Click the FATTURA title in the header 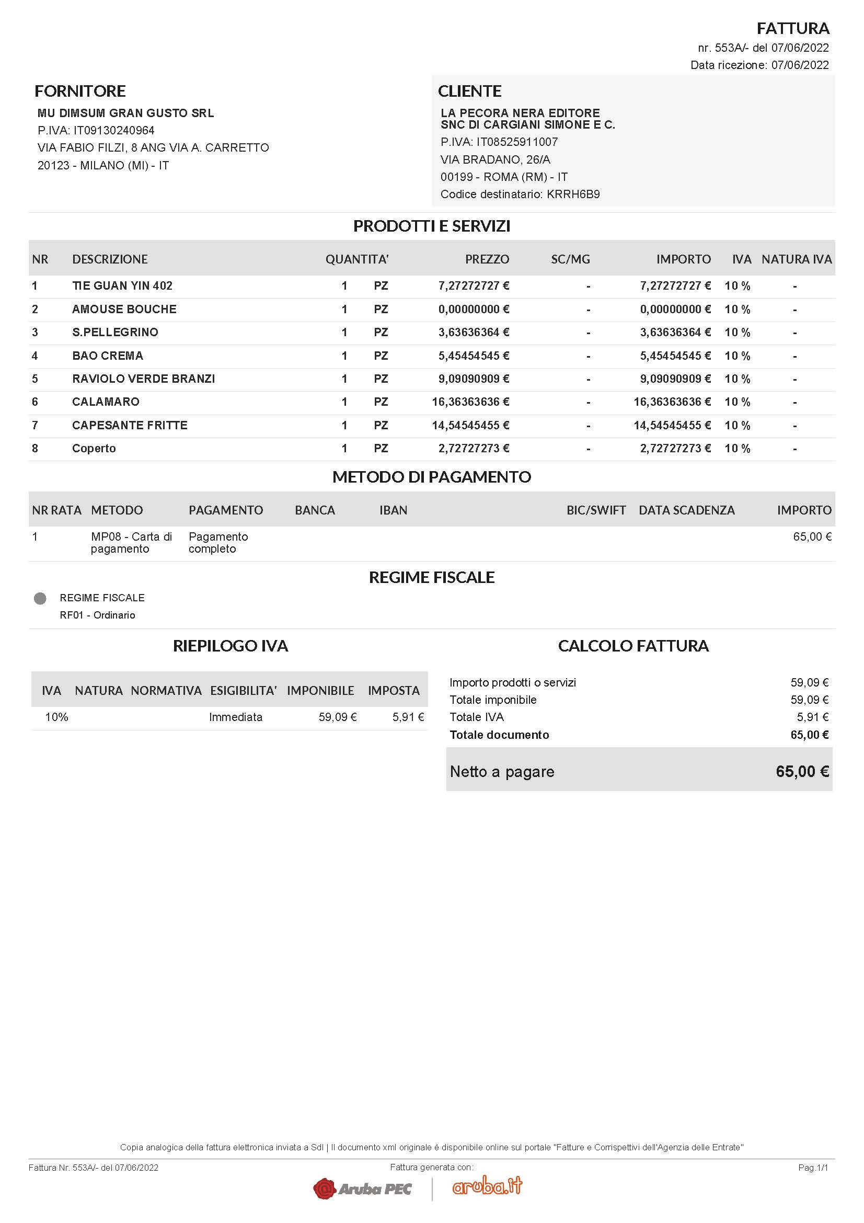(x=793, y=28)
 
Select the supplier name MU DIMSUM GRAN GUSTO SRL (x=125, y=113)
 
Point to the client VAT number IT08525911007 (x=516, y=142)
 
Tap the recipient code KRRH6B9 (x=573, y=195)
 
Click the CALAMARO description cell (x=106, y=402)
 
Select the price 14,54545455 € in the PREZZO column (x=470, y=426)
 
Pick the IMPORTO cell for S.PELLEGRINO (x=675, y=333)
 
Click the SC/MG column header (x=570, y=259)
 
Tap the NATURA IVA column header (x=796, y=259)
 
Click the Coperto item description (x=94, y=449)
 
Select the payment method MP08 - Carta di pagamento (x=131, y=543)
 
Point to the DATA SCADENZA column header (x=686, y=510)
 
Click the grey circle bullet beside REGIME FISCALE (x=40, y=599)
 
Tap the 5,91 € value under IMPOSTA (x=408, y=717)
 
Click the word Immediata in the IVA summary (x=235, y=717)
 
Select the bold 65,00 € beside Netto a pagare (x=802, y=772)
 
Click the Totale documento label (x=499, y=735)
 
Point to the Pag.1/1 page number (x=812, y=1168)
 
